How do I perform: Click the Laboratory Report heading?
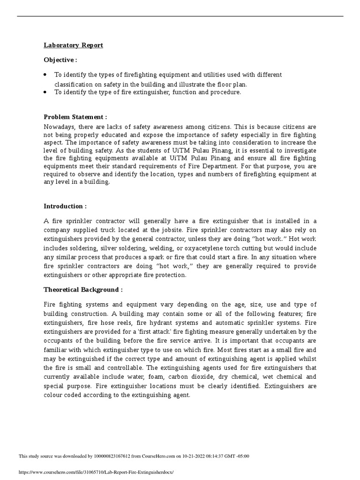tap(73, 45)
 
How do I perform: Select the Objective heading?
tap(60, 60)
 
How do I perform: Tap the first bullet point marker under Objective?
tap(45, 75)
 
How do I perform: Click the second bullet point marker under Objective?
tap(45, 92)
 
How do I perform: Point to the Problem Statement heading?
tap(75, 117)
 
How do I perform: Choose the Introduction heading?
tap(65, 206)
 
